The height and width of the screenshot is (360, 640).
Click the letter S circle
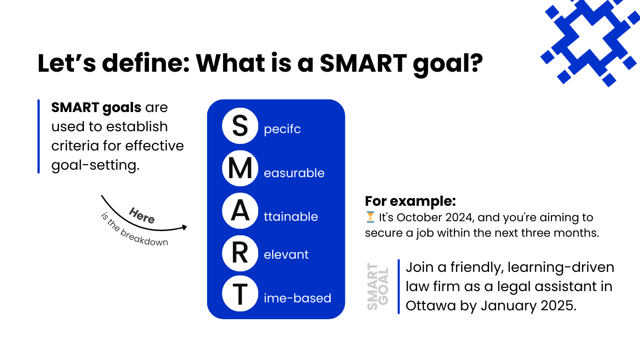pyautogui.click(x=240, y=126)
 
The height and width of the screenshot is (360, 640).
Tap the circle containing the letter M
pyautogui.click(x=240, y=168)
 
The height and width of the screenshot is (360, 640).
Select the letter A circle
pyautogui.click(x=240, y=211)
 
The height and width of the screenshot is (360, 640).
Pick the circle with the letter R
pyautogui.click(x=240, y=253)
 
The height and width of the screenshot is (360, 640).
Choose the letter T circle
pyautogui.click(x=240, y=293)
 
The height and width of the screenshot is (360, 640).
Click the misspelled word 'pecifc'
pyautogui.click(x=283, y=129)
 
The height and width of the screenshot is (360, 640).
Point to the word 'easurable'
pyautogui.click(x=294, y=173)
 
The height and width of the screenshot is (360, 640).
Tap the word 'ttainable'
pyautogui.click(x=291, y=217)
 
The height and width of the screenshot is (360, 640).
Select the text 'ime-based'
pyautogui.click(x=298, y=298)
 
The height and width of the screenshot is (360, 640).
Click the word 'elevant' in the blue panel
pyautogui.click(x=286, y=255)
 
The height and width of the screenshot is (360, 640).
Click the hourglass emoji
pyautogui.click(x=370, y=217)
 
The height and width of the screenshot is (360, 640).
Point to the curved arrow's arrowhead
pyautogui.click(x=184, y=227)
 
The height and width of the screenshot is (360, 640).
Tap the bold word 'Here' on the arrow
pyautogui.click(x=141, y=215)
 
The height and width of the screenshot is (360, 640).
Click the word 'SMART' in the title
pyautogui.click(x=363, y=63)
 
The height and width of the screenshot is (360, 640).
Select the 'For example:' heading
pyautogui.click(x=410, y=201)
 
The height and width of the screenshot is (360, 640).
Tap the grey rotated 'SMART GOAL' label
pyautogui.click(x=378, y=286)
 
